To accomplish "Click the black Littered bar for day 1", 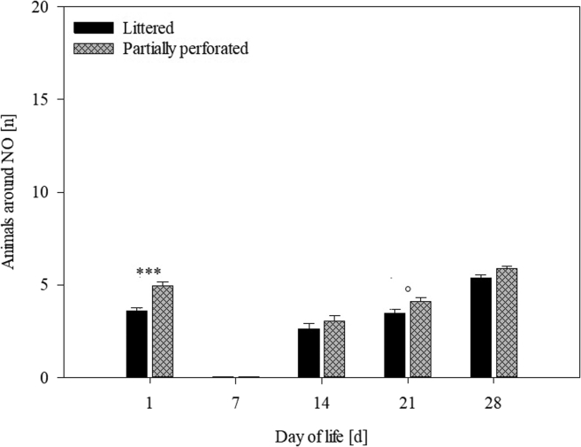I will (137, 344).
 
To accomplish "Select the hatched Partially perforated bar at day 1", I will (163, 332).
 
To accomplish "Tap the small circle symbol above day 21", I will (408, 289).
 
